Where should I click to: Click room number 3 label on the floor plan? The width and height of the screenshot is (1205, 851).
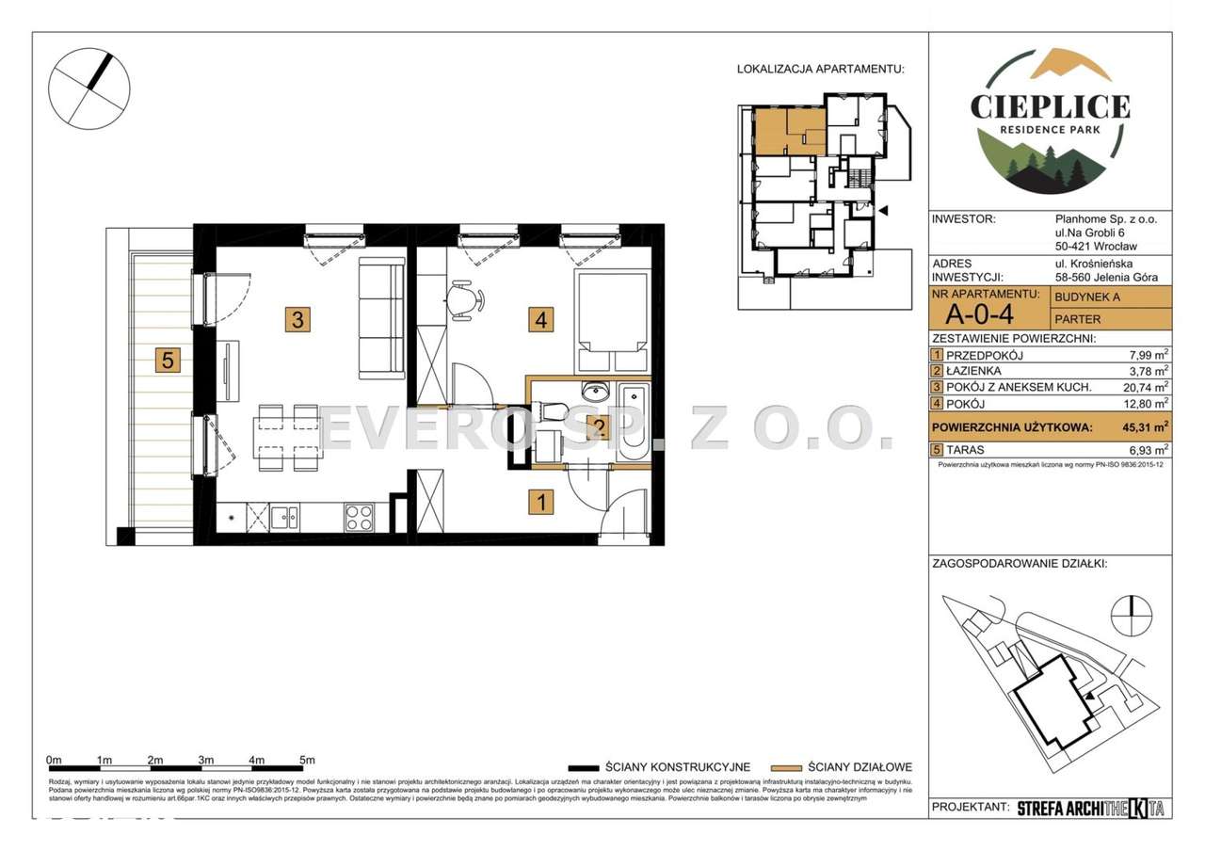(x=297, y=320)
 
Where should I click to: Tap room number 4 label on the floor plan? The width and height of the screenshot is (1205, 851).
(x=540, y=320)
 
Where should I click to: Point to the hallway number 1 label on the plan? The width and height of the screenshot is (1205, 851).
(x=540, y=502)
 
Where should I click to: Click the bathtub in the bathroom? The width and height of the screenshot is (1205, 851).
(x=633, y=424)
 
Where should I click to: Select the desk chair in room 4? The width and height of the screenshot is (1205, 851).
(x=466, y=300)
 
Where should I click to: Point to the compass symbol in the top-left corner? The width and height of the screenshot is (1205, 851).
(x=88, y=87)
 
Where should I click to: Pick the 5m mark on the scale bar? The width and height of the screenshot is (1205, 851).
(x=307, y=760)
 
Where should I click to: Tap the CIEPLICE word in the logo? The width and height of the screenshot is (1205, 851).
(x=1050, y=104)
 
